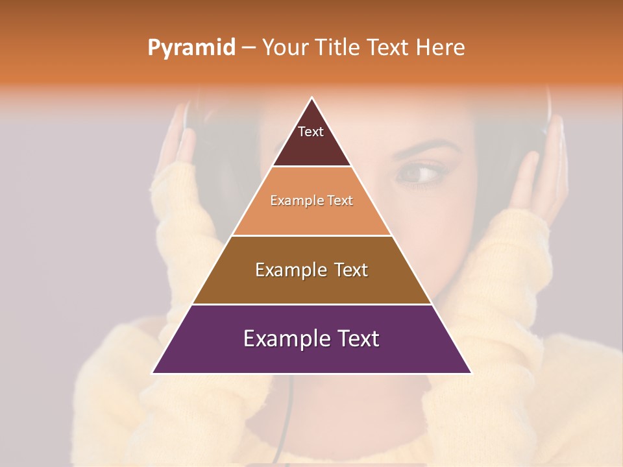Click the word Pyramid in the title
191,48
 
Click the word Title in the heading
338,47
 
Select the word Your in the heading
286,47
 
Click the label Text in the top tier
311,132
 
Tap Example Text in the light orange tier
311,200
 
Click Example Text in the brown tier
311,270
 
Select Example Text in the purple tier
311,339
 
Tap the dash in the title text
248,48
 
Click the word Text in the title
389,47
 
